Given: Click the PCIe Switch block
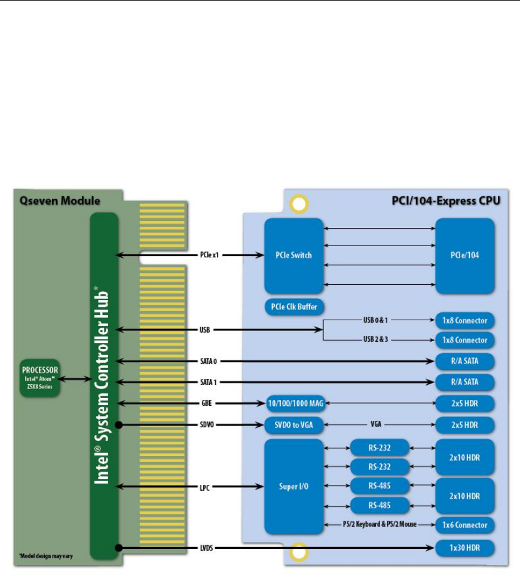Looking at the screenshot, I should tap(293, 256).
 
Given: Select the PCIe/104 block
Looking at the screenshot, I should tap(464, 256).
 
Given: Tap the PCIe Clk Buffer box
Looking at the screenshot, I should tap(293, 307).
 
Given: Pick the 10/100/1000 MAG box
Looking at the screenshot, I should tap(295, 404).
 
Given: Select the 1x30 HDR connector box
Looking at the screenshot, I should tap(464, 547).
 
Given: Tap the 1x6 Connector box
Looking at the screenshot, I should tap(464, 525).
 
